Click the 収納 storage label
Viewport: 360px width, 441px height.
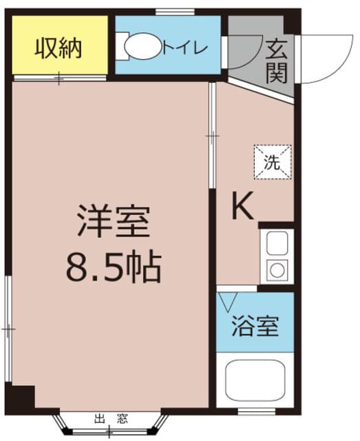click(59, 49)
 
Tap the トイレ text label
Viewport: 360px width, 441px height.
click(185, 48)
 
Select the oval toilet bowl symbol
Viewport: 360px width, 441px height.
click(143, 46)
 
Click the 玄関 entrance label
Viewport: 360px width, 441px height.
click(277, 61)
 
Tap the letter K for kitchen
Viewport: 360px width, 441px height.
click(243, 205)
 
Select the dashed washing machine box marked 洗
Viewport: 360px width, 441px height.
click(273, 162)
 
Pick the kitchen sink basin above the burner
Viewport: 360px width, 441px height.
click(277, 243)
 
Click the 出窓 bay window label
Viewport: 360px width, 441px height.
click(112, 419)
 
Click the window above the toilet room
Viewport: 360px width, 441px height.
click(176, 12)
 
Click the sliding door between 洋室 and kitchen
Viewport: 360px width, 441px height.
click(213, 136)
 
